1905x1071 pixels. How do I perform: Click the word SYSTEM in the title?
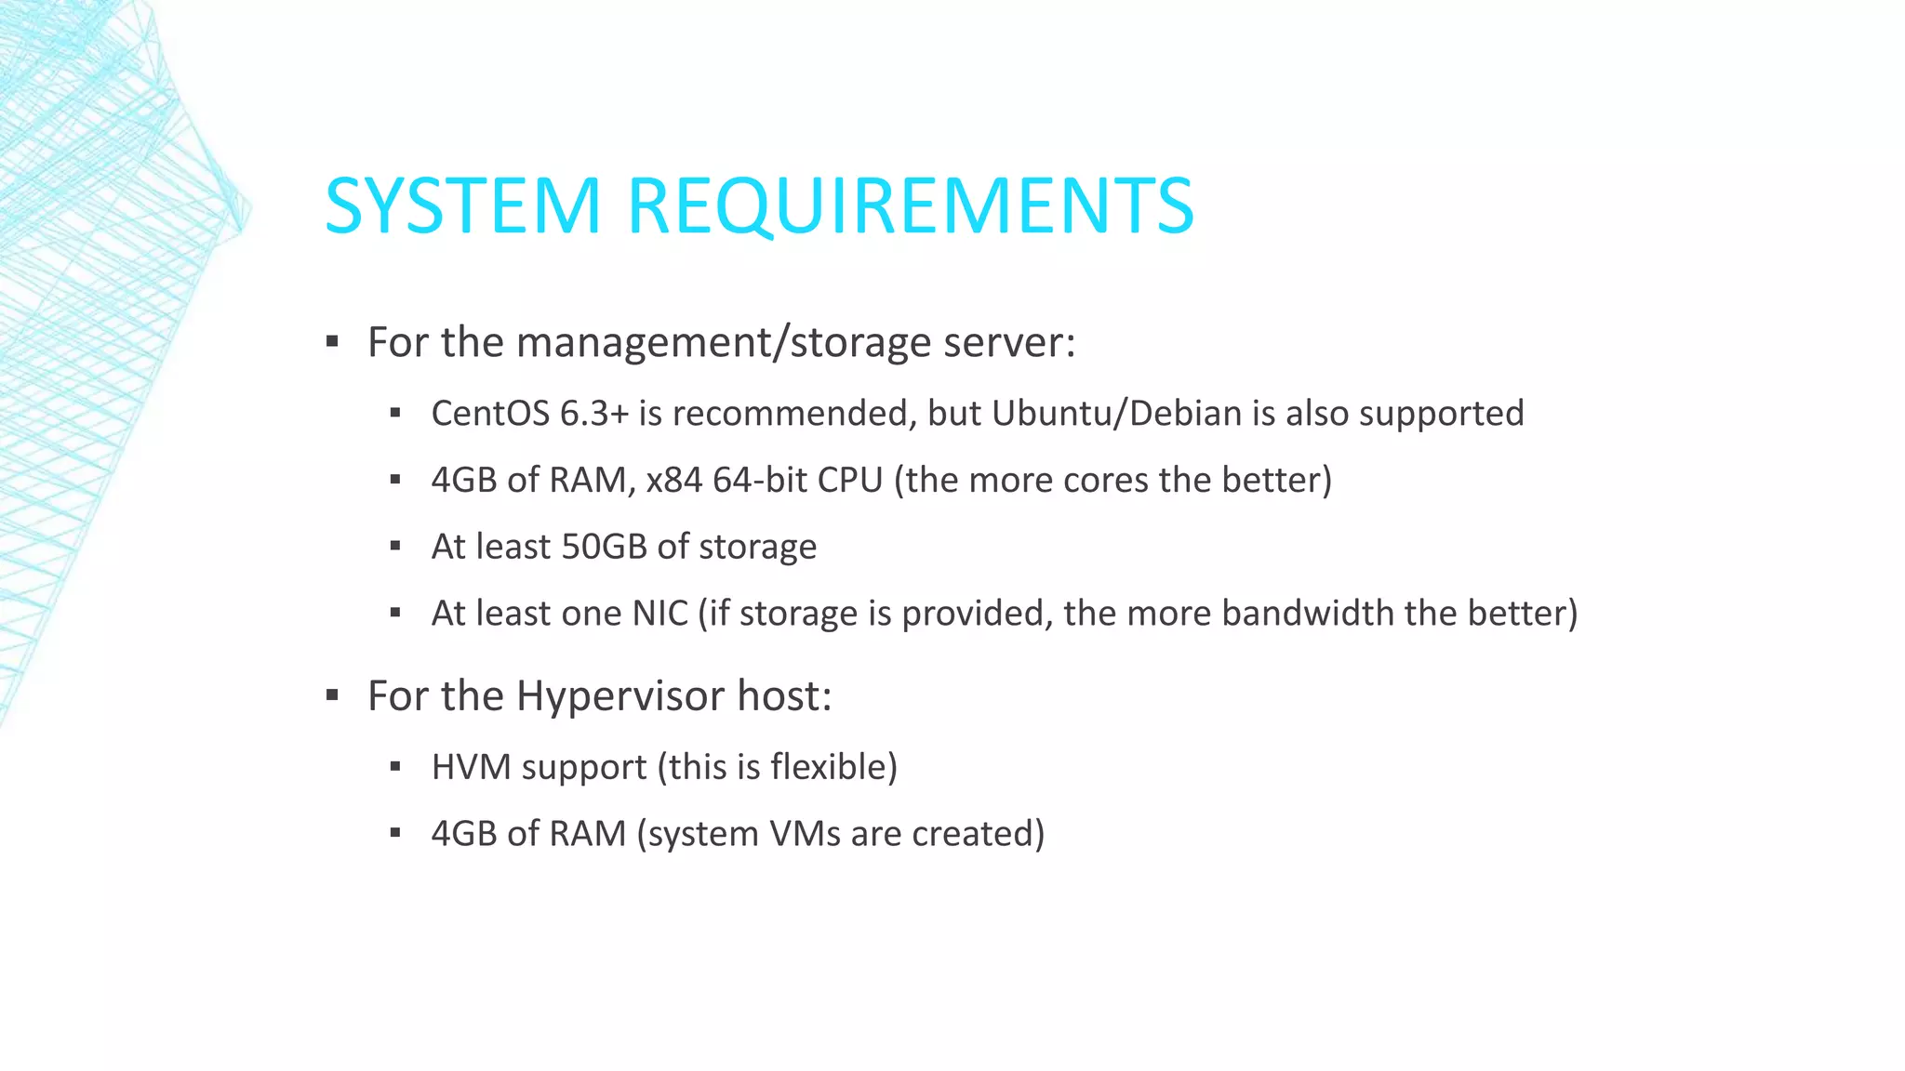[x=463, y=205]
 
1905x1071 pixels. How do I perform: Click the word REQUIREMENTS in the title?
[x=911, y=205]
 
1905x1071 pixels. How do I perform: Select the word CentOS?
[x=490, y=414]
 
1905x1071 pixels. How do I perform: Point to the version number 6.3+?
[x=594, y=414]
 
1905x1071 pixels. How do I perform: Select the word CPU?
[x=850, y=481]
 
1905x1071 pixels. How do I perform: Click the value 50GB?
[x=604, y=547]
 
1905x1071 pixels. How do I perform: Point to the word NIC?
[x=660, y=614]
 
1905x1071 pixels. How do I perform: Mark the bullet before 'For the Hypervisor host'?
[x=332, y=695]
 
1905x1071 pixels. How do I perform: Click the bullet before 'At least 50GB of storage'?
[x=395, y=547]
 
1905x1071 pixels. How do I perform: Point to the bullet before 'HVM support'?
[x=395, y=768]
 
